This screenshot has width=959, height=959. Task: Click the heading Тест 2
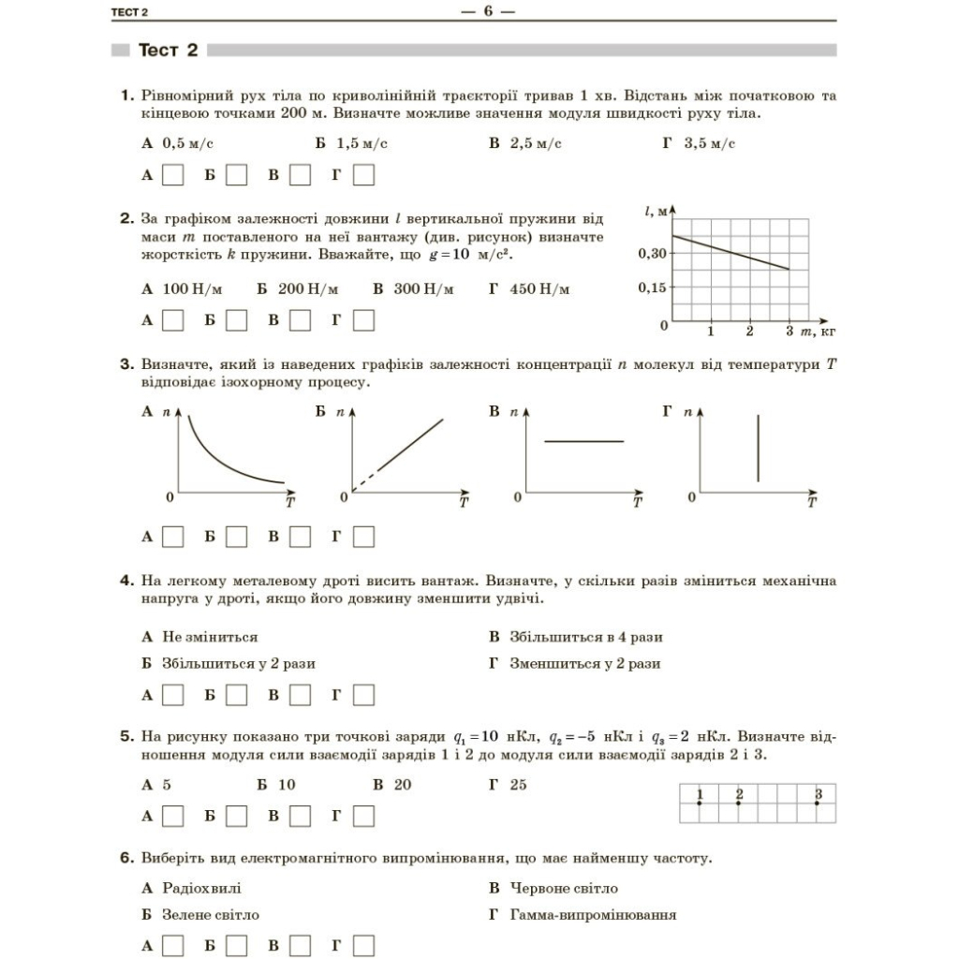tap(168, 50)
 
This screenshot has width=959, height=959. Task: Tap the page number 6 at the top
tap(488, 11)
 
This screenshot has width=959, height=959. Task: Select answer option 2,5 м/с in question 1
tap(524, 143)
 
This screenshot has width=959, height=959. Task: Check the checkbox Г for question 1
tap(363, 175)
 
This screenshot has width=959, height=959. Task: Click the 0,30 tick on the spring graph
tap(652, 253)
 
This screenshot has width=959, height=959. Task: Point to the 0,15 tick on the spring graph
tap(652, 288)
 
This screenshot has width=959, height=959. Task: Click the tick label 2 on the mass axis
tap(749, 332)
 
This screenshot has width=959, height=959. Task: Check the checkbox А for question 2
tap(172, 320)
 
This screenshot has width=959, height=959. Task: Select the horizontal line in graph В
tap(583, 441)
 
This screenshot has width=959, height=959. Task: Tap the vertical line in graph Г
tap(758, 449)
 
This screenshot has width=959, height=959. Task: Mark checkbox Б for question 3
tap(236, 537)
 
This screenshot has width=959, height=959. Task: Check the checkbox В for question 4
tap(300, 695)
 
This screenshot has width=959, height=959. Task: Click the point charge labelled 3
tap(818, 803)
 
